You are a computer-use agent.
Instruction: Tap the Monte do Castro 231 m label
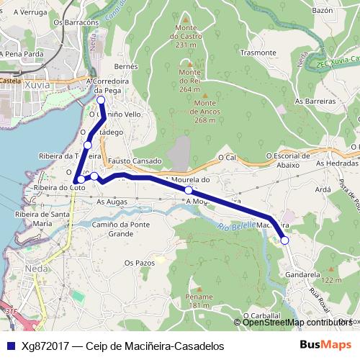pos(186,36)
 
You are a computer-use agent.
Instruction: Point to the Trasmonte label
pos(258,53)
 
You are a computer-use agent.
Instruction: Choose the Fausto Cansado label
pos(135,160)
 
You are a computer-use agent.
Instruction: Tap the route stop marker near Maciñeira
pos(284,240)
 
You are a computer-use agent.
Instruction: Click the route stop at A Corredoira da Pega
pos(102,100)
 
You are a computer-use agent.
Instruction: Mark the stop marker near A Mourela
pos(189,190)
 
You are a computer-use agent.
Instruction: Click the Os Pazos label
pos(140,264)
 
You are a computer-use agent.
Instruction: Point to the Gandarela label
pos(302,274)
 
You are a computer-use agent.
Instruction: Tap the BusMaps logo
pos(325,345)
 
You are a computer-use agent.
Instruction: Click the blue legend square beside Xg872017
pos(9,346)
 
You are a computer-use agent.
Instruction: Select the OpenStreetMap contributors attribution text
pos(297,323)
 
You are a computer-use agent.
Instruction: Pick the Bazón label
pos(323,11)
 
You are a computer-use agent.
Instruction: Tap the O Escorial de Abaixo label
pos(292,160)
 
